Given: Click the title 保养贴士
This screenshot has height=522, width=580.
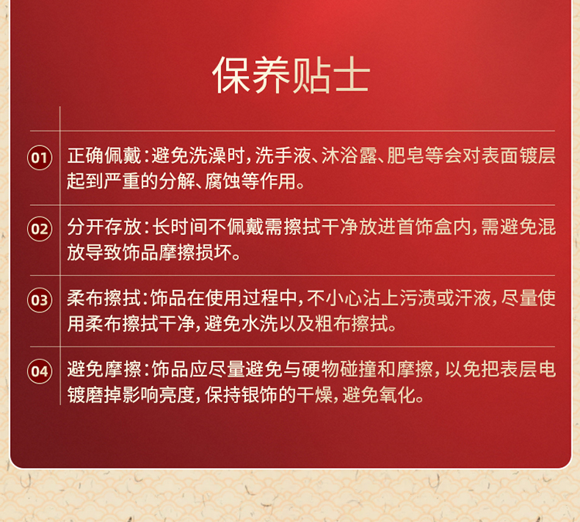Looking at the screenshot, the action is point(291,76).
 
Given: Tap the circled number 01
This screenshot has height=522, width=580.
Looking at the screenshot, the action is point(39,158).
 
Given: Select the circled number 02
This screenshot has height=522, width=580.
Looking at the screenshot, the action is point(39,229).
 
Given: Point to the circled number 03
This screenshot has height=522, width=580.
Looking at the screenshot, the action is point(39,300).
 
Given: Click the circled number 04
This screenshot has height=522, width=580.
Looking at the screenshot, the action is point(39,371).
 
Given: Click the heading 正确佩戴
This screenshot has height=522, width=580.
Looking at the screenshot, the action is point(104,155).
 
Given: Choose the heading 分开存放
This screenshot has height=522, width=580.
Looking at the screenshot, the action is point(104,227).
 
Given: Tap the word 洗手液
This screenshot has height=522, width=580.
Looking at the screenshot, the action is point(283,155).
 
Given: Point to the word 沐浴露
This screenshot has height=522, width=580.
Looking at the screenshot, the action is point(349,155).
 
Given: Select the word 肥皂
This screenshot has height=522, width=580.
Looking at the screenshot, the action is point(405,155).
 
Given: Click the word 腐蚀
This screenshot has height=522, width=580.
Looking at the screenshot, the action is point(223,181).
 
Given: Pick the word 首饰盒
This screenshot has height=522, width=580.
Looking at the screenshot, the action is point(425,227).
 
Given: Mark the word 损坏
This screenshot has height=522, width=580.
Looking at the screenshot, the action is point(213,252).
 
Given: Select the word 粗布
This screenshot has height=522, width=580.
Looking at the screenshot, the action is point(333,324).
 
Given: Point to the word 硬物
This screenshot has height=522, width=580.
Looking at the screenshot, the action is point(321,369).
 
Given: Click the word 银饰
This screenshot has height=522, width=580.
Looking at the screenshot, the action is point(260,394).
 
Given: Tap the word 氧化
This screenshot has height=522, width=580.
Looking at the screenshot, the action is point(397,394).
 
